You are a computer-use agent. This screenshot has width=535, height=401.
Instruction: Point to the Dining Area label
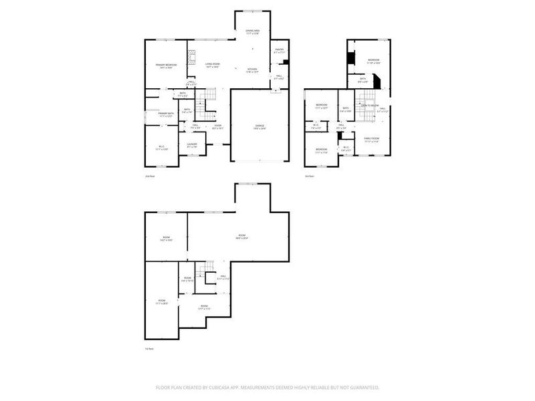point(252,31)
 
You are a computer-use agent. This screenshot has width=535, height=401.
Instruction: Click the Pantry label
point(279,49)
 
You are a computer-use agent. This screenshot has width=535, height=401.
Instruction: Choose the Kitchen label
point(253,70)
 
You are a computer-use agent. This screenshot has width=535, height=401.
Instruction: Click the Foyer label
point(217,125)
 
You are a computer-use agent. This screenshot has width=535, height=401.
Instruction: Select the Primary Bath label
point(166,114)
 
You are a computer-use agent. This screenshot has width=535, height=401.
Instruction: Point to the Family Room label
point(371,139)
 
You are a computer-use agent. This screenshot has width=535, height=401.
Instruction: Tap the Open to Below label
point(370,106)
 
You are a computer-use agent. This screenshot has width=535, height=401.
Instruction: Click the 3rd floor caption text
point(309,176)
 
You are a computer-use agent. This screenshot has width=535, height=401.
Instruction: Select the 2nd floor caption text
point(150,176)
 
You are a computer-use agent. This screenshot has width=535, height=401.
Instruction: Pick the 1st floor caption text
point(150,349)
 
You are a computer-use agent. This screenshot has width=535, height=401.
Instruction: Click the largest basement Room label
point(241,235)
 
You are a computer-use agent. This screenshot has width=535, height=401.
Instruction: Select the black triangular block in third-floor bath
point(377,82)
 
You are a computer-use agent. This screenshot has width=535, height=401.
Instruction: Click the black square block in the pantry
point(286,62)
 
